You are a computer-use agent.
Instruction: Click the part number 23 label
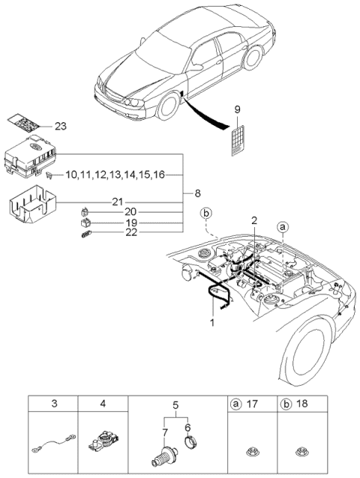coord(60,126)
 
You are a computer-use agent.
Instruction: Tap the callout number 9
coord(237,110)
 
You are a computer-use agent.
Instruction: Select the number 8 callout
coord(196,193)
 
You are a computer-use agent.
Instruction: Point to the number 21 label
coord(116,202)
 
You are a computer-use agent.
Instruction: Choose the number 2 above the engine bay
coord(254,220)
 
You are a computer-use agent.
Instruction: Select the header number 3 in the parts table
coord(55,404)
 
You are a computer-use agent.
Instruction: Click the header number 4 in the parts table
coord(103,404)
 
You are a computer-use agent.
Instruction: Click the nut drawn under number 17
coord(252,452)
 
